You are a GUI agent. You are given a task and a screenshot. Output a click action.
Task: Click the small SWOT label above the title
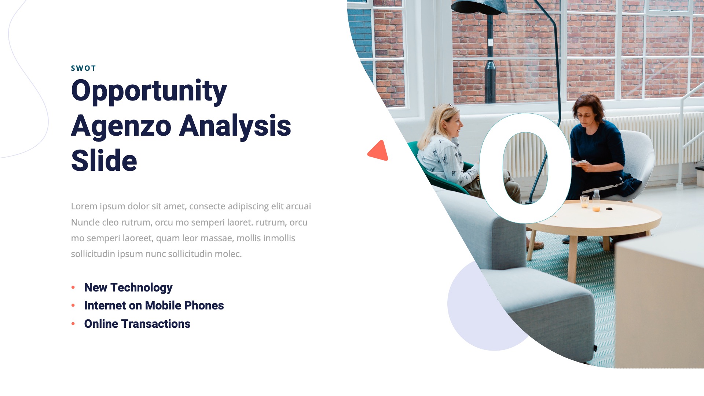click(83, 68)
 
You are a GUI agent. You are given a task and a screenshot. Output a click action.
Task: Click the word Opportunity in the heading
click(149, 91)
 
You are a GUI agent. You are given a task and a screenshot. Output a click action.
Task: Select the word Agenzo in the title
click(121, 126)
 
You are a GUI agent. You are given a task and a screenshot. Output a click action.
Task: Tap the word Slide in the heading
click(104, 161)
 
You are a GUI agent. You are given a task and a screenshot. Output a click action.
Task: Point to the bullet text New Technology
click(128, 287)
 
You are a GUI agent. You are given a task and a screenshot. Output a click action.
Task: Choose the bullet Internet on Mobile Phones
click(154, 305)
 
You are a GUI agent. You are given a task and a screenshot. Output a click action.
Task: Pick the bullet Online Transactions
click(137, 324)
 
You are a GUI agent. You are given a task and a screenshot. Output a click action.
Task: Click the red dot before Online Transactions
click(73, 324)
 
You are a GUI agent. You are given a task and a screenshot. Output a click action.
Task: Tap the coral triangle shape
click(379, 151)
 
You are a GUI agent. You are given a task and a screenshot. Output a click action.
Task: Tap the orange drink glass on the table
click(597, 208)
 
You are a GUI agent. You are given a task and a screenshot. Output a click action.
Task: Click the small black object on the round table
click(609, 209)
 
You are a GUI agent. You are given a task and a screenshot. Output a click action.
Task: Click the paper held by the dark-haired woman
click(579, 162)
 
